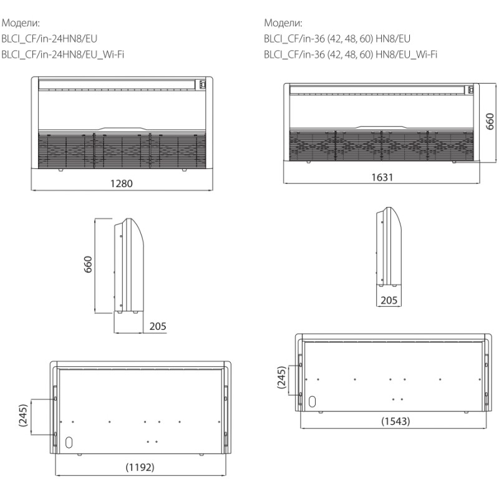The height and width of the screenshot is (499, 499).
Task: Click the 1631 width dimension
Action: tap(382, 177)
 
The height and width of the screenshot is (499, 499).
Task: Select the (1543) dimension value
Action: tap(395, 421)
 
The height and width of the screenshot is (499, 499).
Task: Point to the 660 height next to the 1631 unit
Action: tap(490, 121)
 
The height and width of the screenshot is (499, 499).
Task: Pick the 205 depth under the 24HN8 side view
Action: tap(158, 326)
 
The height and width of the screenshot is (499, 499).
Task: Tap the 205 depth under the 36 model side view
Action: tap(389, 301)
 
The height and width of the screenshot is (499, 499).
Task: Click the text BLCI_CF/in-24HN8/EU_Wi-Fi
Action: tap(63, 54)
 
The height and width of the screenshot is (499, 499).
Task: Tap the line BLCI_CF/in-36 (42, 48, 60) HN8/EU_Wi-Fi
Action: tap(350, 54)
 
